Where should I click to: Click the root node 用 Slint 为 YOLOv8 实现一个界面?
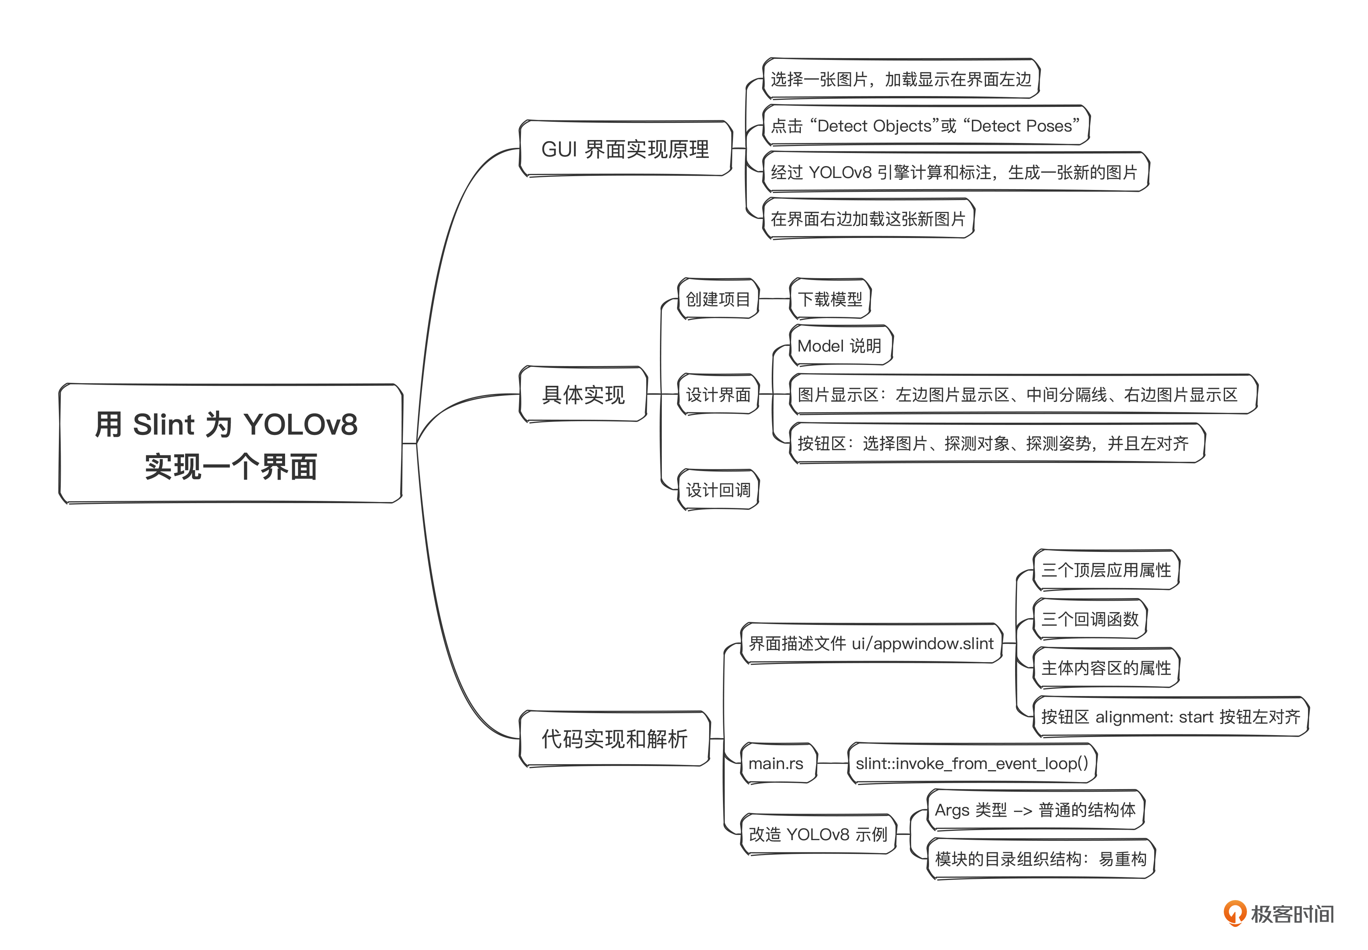(x=230, y=444)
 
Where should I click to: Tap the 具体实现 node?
(x=583, y=394)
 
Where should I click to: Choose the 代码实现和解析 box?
(x=614, y=739)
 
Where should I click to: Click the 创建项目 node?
(x=718, y=299)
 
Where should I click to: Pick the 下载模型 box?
(x=830, y=299)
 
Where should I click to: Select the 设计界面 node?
(x=718, y=394)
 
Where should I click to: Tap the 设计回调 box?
(x=718, y=490)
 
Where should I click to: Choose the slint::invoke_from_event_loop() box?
(x=972, y=763)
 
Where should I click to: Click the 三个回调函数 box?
(x=1089, y=619)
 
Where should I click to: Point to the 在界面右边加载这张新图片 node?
(x=868, y=219)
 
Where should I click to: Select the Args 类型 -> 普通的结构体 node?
(x=1035, y=810)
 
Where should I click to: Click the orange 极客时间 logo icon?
(x=1235, y=912)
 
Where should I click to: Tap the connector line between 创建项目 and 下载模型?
(x=774, y=299)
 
